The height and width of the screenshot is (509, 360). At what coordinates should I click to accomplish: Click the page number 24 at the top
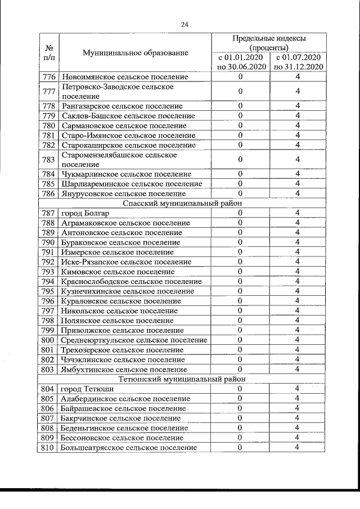[184, 24]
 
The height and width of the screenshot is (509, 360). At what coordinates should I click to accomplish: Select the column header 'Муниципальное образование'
[135, 53]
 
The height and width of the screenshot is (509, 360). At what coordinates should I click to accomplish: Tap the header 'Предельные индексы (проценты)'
[269, 43]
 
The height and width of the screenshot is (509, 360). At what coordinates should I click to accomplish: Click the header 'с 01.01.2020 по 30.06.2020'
[241, 62]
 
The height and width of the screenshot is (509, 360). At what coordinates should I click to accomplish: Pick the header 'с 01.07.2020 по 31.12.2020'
[298, 62]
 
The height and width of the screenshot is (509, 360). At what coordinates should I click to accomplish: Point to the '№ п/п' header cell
[49, 53]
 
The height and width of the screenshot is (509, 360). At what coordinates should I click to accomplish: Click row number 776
[48, 77]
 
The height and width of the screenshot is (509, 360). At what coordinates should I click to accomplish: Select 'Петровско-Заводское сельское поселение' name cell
[118, 92]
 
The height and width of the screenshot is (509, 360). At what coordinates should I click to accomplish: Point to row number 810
[48, 447]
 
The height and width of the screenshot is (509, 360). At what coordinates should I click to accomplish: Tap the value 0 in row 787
[240, 213]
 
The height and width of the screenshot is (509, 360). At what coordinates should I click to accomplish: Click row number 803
[48, 370]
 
